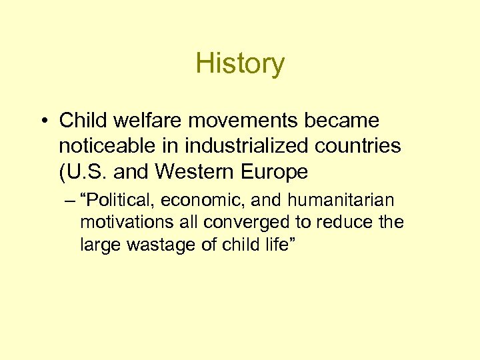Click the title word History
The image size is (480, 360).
click(x=240, y=64)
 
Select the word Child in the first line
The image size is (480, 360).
click(x=79, y=121)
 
